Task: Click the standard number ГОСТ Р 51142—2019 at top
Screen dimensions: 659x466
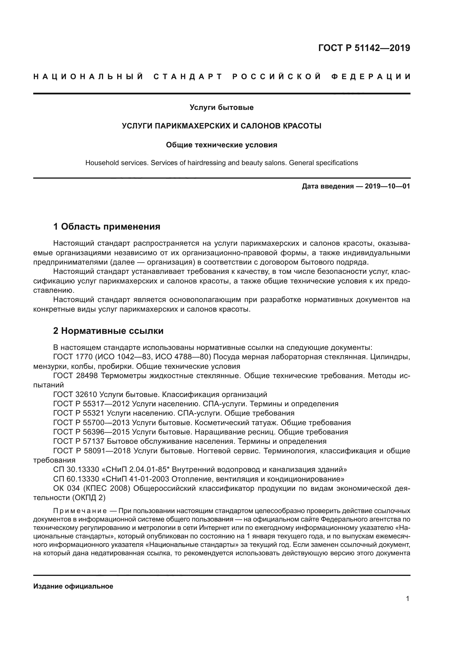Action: point(364,48)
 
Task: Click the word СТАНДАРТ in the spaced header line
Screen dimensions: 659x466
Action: point(188,77)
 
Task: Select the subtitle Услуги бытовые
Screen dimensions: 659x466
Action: point(221,108)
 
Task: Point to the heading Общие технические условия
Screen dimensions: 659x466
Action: point(221,145)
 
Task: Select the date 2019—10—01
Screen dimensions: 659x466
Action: point(387,187)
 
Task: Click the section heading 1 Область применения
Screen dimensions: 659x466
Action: point(107,227)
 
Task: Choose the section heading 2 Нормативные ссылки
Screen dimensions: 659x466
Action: point(108,331)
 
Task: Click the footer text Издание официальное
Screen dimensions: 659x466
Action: point(73,586)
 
